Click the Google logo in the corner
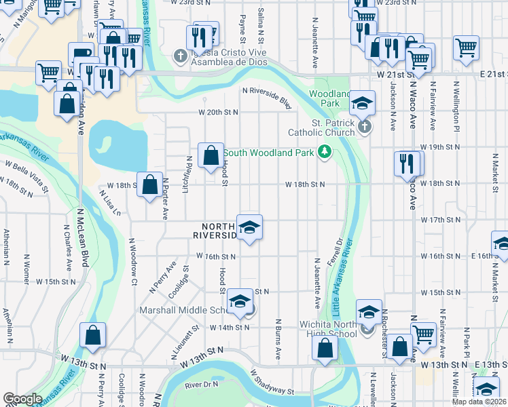(22, 399)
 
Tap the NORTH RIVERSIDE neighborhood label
(219, 231)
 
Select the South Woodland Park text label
(268, 153)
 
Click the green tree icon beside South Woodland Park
(325, 152)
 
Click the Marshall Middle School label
(185, 310)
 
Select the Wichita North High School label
(329, 329)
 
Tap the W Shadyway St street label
(271, 383)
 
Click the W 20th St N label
(218, 112)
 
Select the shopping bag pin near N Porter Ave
(149, 185)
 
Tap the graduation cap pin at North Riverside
(249, 227)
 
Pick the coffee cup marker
(81, 53)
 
